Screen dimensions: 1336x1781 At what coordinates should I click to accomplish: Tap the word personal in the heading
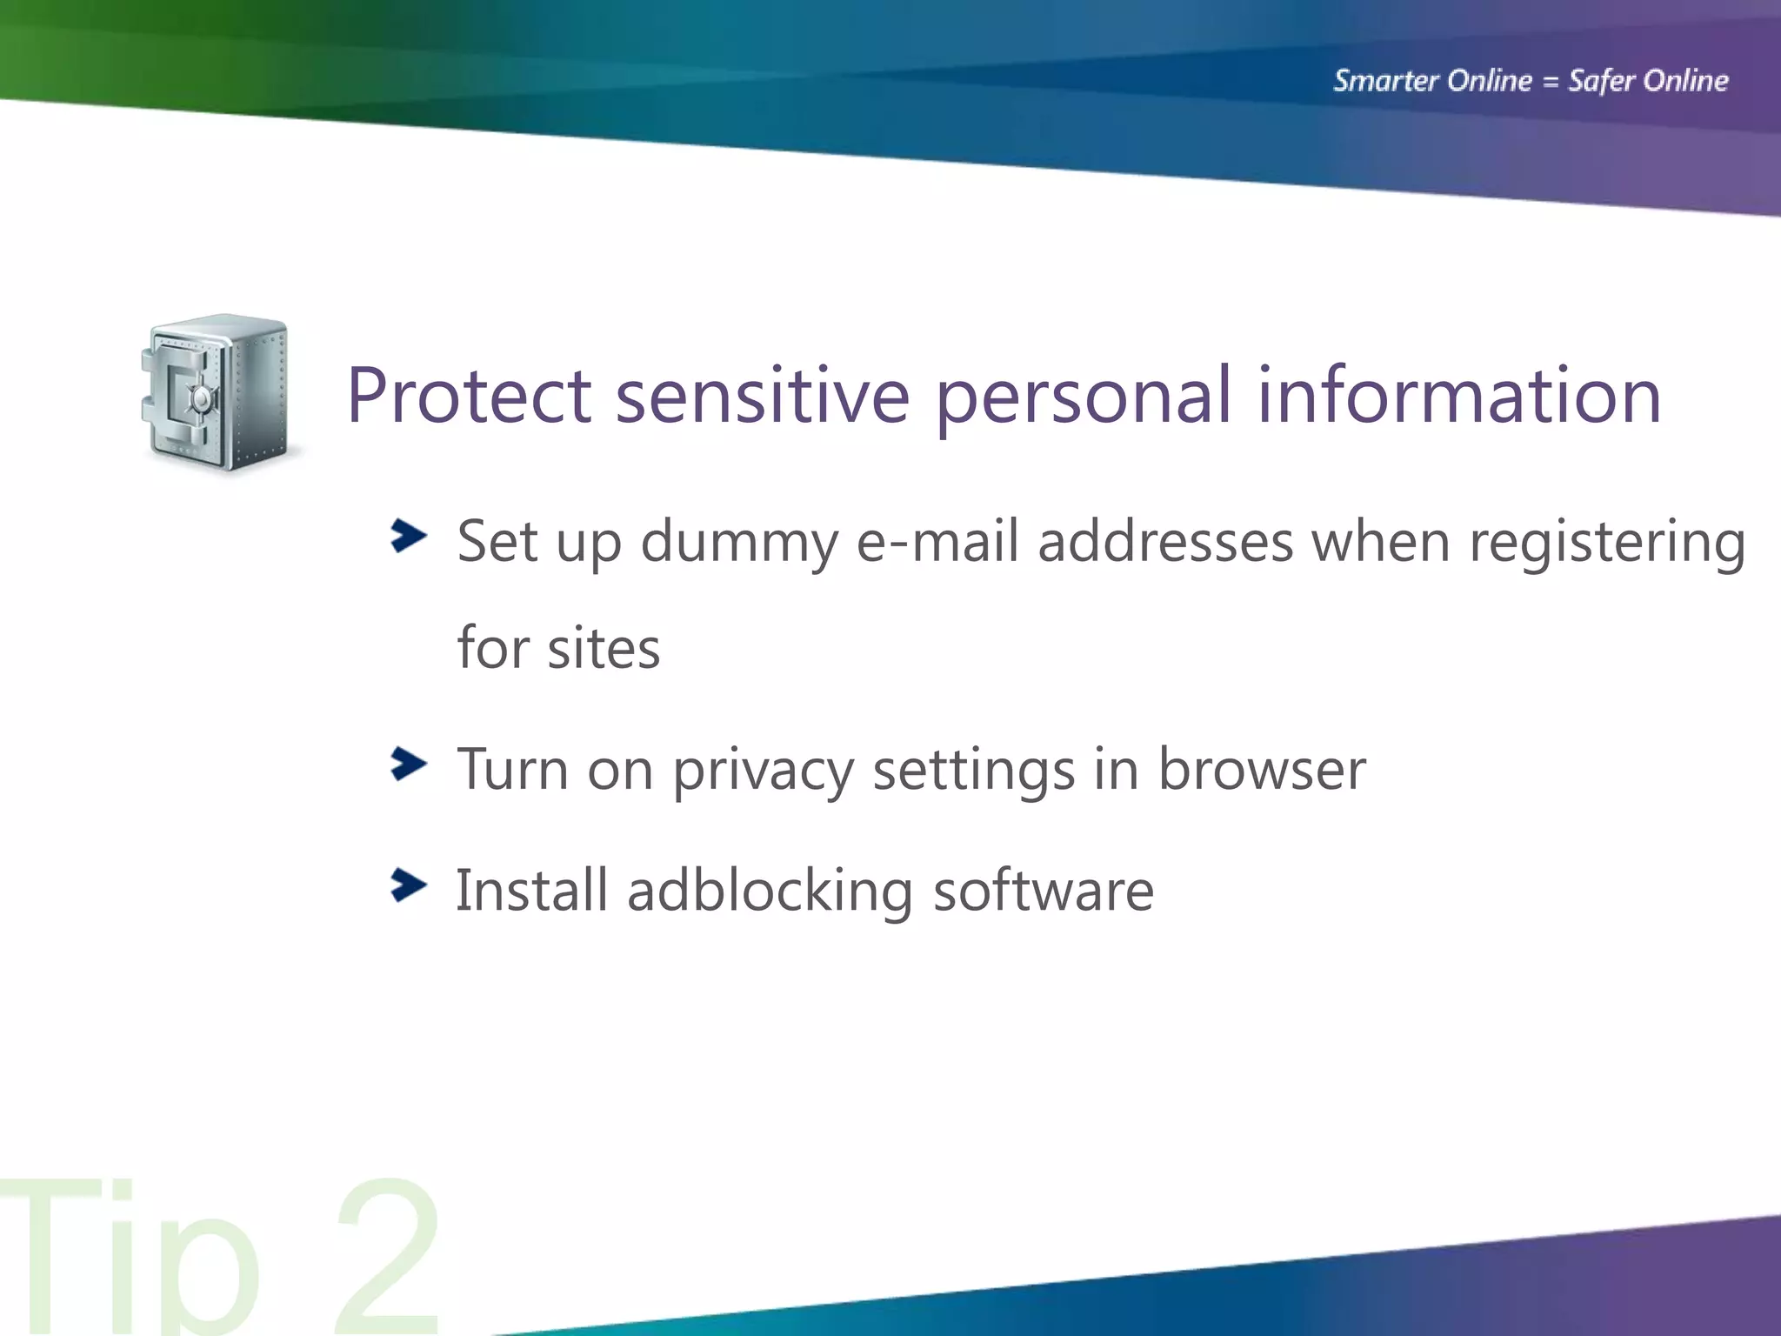coord(1084,398)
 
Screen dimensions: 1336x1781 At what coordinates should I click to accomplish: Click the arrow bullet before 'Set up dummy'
coord(408,536)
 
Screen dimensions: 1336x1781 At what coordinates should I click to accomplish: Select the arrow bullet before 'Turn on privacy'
coord(408,764)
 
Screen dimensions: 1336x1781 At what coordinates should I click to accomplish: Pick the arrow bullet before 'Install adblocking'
coord(408,885)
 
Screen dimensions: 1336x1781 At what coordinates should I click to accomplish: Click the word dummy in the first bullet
coord(738,544)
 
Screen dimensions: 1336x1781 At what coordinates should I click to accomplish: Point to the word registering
coord(1607,544)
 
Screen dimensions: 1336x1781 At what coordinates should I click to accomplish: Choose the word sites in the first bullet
coord(604,649)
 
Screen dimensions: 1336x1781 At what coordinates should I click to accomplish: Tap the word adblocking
coord(770,892)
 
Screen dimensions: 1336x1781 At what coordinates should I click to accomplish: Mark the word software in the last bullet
coord(1044,891)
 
